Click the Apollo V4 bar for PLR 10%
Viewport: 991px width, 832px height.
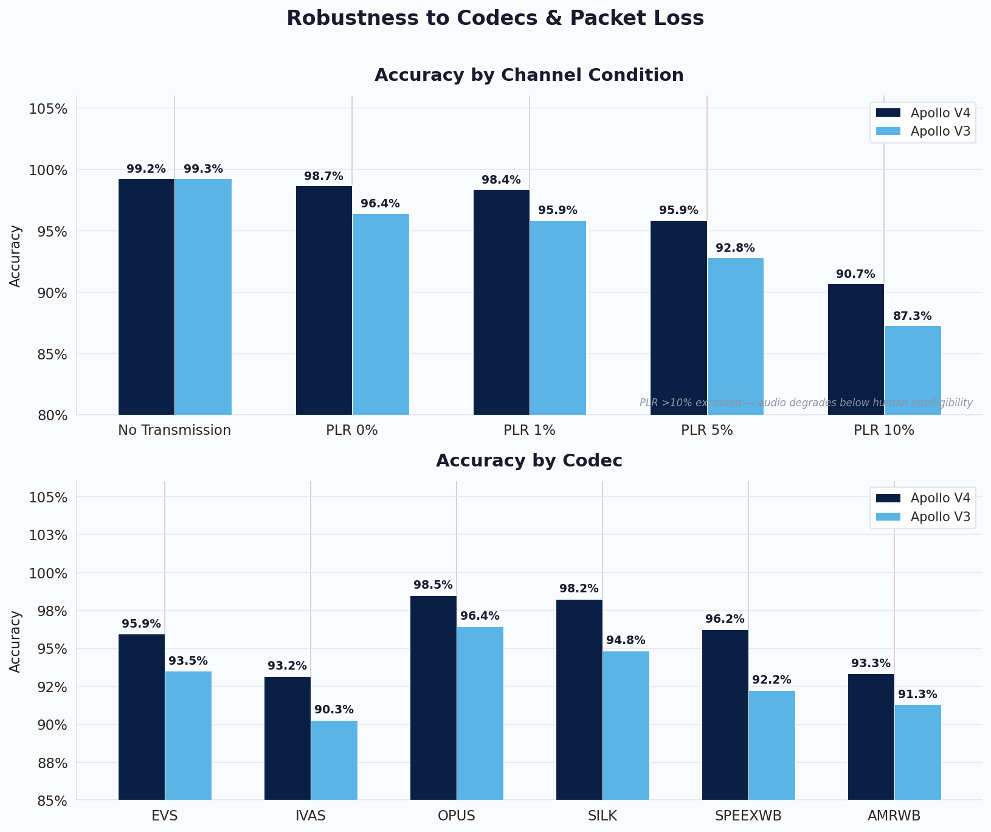pos(856,350)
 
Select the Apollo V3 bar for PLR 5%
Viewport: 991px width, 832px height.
pos(735,336)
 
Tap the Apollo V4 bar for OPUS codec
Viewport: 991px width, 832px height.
pos(433,698)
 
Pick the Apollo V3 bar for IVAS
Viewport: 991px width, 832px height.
pos(334,760)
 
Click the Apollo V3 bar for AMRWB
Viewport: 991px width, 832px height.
pos(917,752)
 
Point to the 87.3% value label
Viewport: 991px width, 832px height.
pos(912,316)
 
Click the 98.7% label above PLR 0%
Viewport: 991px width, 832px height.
pos(323,176)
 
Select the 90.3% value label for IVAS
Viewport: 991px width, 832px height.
pos(334,710)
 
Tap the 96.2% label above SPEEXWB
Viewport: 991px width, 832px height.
pos(725,619)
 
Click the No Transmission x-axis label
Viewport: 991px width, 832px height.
pos(174,431)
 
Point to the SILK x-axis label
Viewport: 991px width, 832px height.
pos(603,816)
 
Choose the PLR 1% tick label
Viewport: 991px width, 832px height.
pos(529,431)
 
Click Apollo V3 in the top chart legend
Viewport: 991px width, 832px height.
pos(940,131)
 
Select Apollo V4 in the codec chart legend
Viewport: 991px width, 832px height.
pos(940,498)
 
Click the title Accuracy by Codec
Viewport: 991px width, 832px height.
pos(529,461)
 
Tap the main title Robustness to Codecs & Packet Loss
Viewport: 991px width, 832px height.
pos(495,18)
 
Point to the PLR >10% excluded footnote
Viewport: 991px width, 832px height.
pos(806,403)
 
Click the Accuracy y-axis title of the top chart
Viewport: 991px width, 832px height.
pos(16,255)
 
